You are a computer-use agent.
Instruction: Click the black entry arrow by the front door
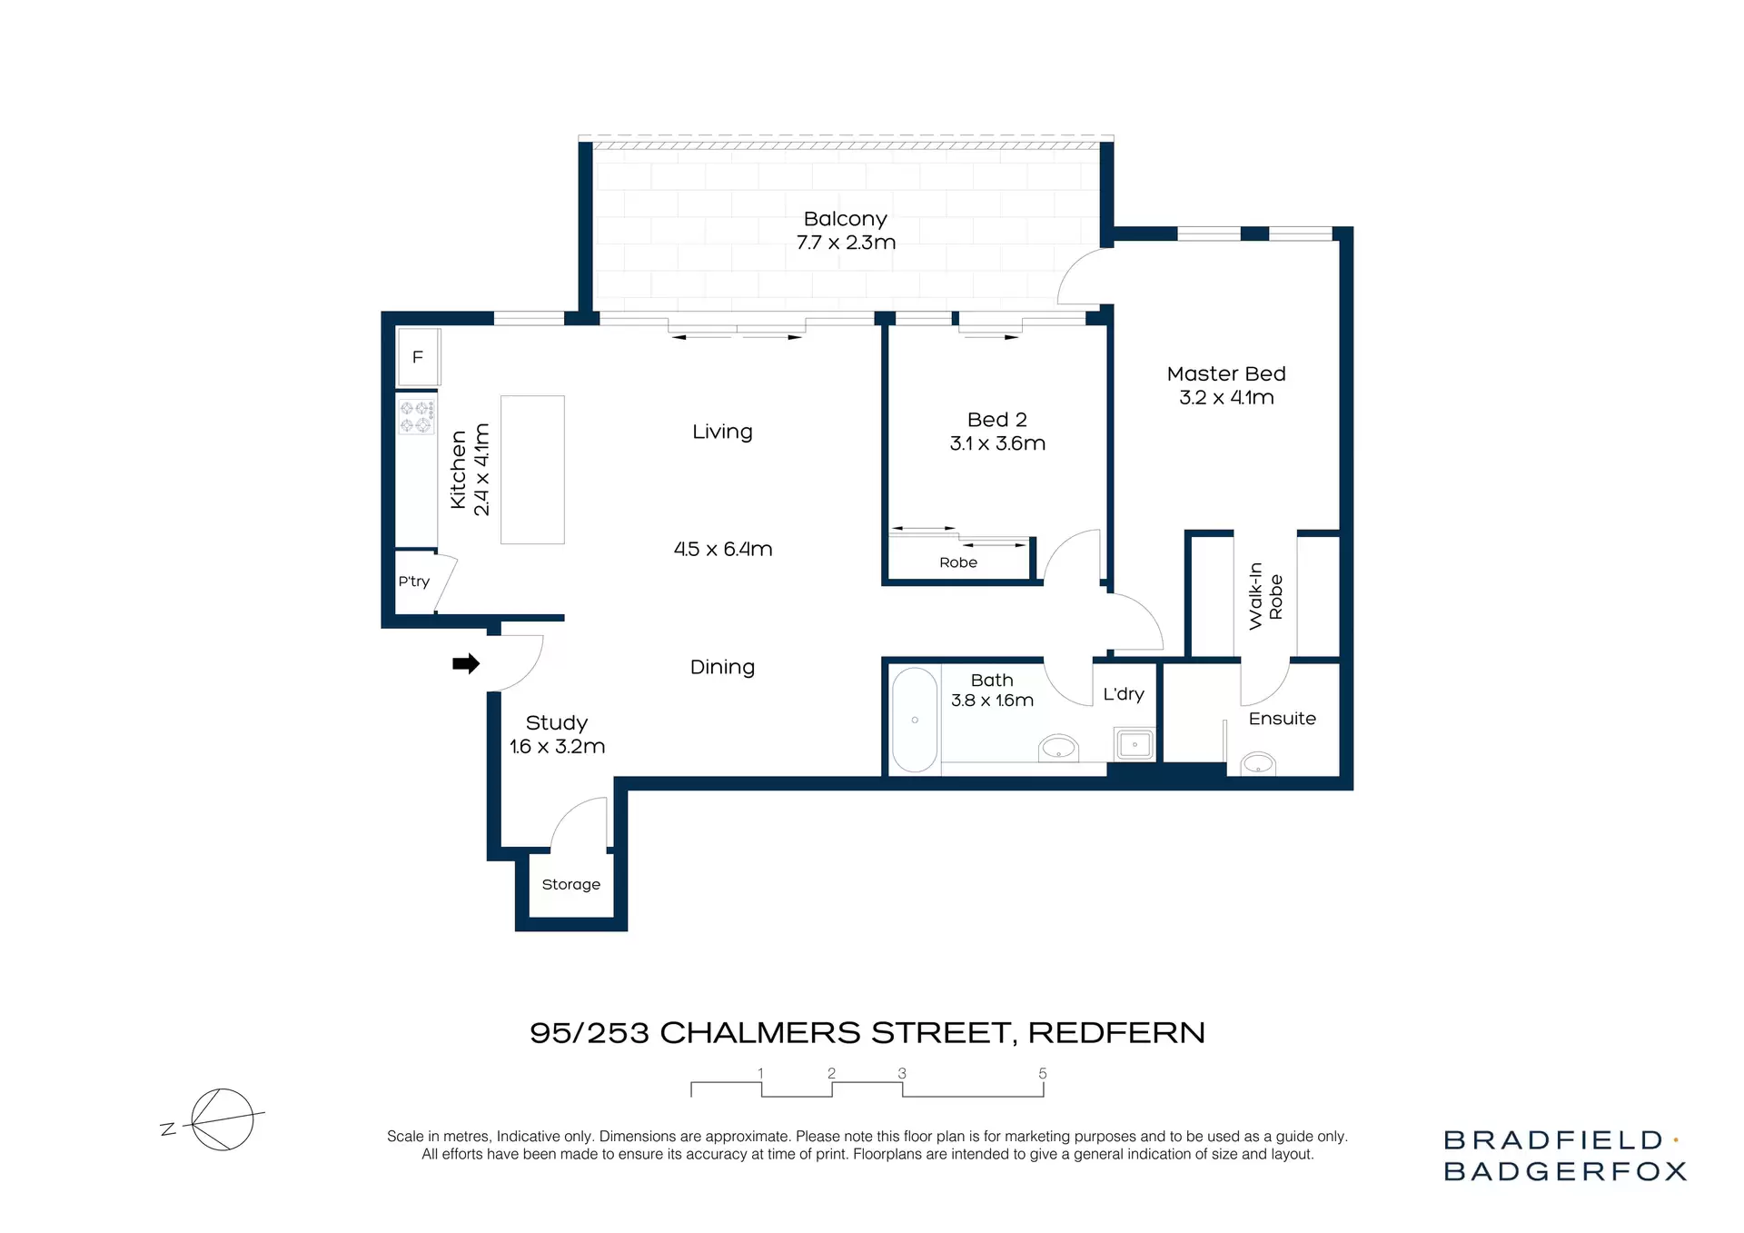(x=466, y=664)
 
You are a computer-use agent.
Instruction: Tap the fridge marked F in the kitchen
(x=418, y=357)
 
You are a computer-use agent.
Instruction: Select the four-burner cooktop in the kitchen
(x=417, y=417)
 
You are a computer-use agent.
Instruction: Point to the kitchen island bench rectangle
(x=532, y=470)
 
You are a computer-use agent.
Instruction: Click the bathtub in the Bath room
(x=915, y=720)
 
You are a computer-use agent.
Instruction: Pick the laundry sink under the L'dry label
(x=1135, y=744)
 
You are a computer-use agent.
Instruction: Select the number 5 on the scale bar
(x=1043, y=1073)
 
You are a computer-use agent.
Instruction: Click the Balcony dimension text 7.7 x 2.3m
(x=846, y=243)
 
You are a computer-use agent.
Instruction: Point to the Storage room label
(x=570, y=884)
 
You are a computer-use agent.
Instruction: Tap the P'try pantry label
(x=413, y=582)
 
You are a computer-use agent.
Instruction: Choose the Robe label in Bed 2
(x=958, y=562)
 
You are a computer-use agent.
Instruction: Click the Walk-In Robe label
(x=1265, y=596)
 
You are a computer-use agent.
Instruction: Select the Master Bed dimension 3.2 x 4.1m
(x=1226, y=397)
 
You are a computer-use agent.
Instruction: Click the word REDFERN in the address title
(x=1116, y=1032)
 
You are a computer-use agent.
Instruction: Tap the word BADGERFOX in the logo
(x=1565, y=1171)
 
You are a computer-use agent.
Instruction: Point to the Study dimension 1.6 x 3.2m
(x=557, y=746)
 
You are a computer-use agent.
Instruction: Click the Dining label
(x=722, y=667)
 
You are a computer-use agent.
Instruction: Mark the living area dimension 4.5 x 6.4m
(x=723, y=549)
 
